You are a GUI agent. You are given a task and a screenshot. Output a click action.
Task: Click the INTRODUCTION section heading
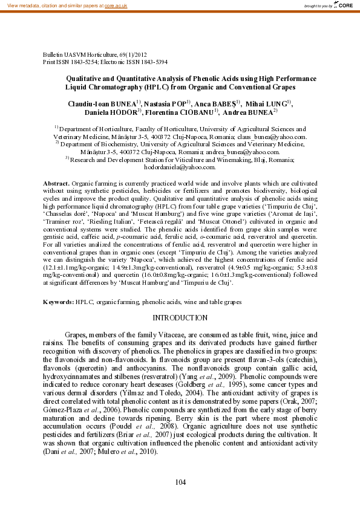[180, 318]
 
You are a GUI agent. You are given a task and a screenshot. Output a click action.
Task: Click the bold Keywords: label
[58, 301]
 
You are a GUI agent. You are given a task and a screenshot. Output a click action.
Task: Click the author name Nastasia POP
[165, 104]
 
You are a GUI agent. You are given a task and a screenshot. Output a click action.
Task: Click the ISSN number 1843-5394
[154, 62]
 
